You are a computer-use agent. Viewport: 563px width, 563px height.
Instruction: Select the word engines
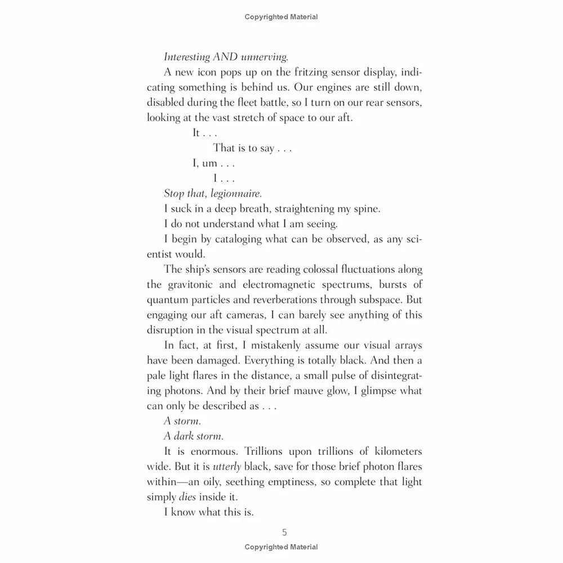click(329, 87)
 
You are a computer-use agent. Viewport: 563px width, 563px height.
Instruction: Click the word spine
click(366, 208)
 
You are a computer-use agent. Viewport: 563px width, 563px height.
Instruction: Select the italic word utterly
click(233, 467)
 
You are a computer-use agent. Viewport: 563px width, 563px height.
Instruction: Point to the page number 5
click(284, 532)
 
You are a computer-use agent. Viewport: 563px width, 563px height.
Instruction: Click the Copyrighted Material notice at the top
click(281, 17)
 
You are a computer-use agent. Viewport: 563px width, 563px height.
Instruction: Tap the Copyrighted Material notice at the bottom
click(281, 547)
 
